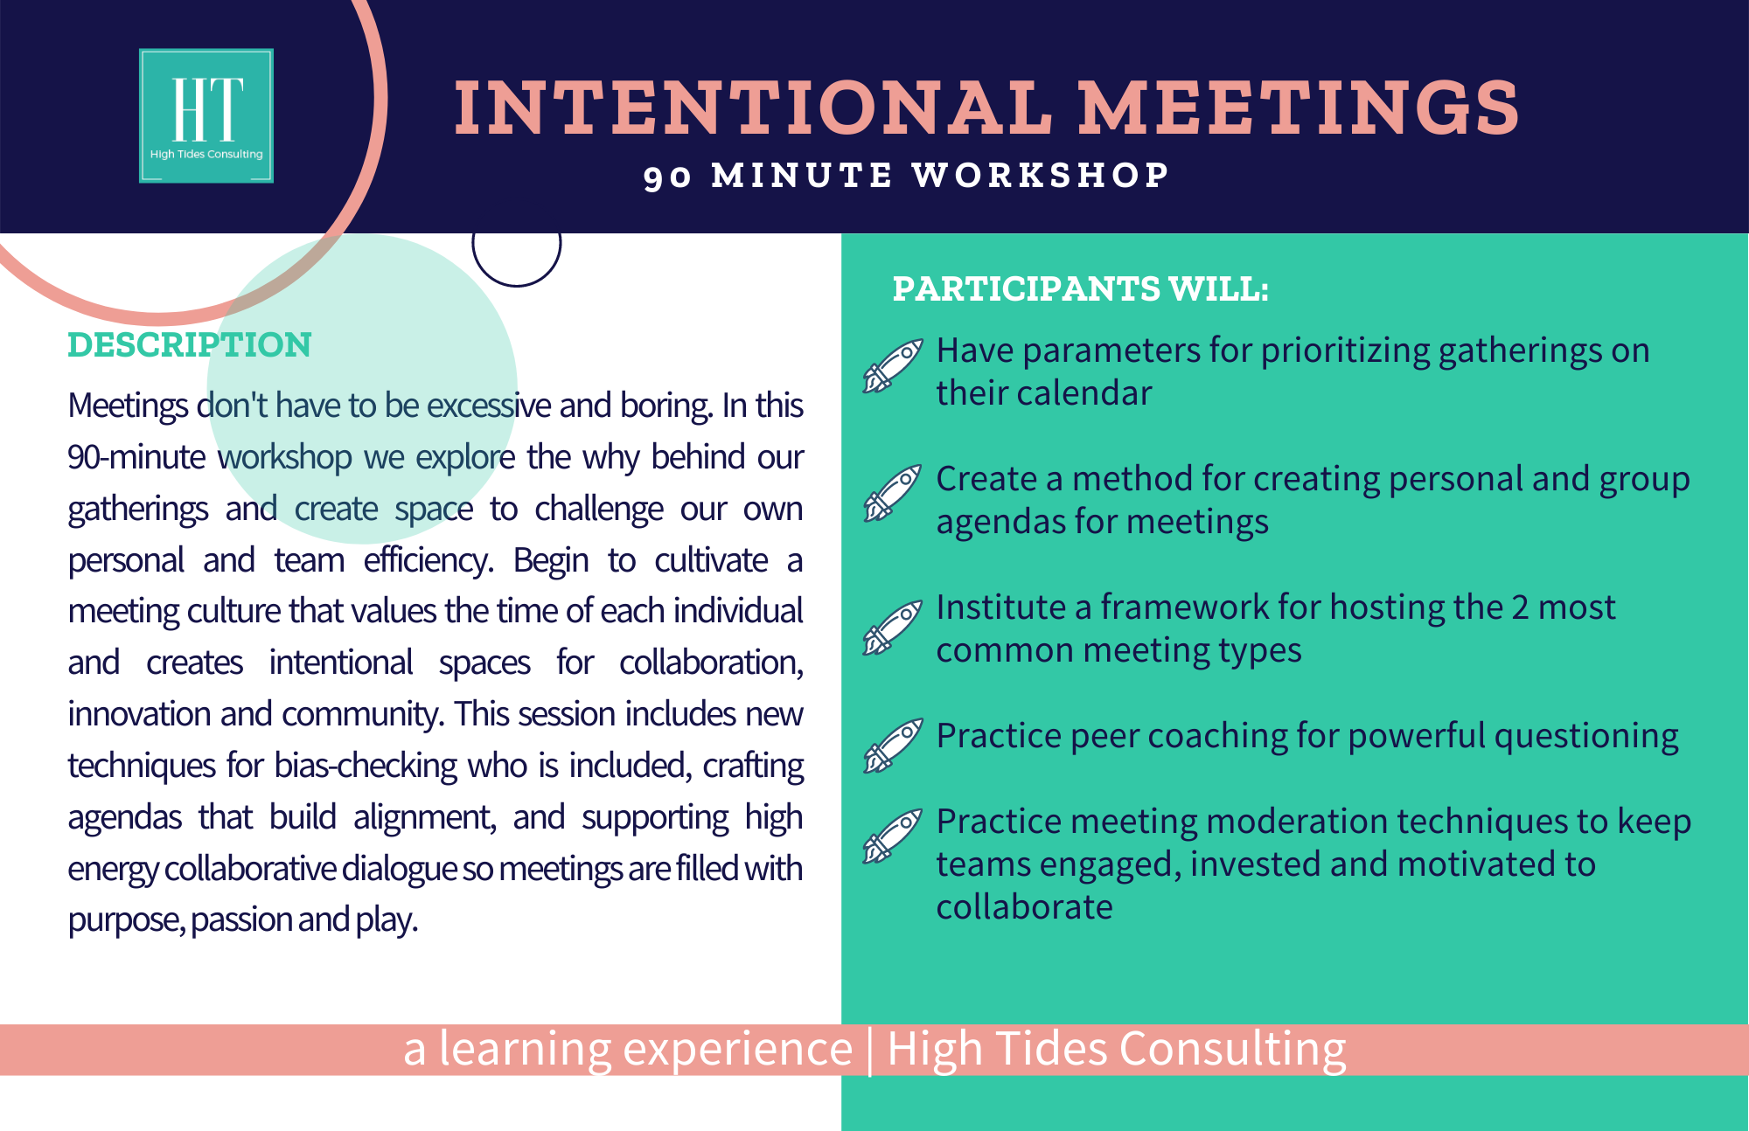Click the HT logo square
point(206,115)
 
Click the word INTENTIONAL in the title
point(754,108)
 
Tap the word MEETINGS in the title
point(1299,108)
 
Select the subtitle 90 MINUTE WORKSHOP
point(906,176)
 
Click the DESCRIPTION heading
point(190,344)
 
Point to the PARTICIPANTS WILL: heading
point(1080,288)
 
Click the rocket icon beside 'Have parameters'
point(893,365)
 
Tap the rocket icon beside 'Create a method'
point(893,493)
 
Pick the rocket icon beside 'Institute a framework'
point(893,628)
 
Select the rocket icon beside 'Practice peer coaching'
point(893,746)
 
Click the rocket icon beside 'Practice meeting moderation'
point(893,836)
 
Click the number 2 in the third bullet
point(1520,607)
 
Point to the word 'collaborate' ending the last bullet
point(1025,907)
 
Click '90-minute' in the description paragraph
point(136,457)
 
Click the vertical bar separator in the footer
point(870,1050)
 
